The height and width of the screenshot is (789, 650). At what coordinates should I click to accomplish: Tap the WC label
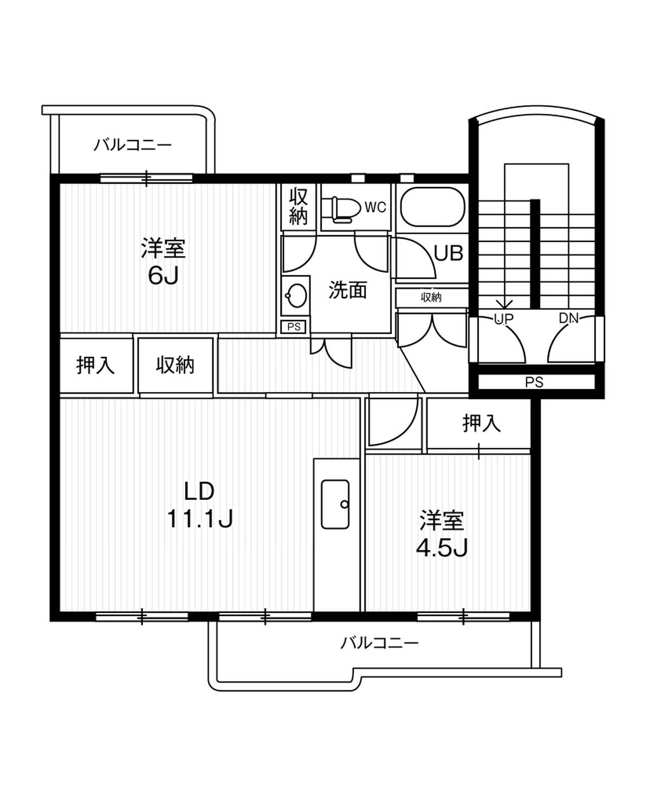[x=375, y=207]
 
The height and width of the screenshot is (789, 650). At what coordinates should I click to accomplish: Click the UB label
[x=448, y=253]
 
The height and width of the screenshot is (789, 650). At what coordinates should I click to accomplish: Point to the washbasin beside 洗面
[x=296, y=296]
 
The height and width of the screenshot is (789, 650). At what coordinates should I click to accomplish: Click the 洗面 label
[x=347, y=290]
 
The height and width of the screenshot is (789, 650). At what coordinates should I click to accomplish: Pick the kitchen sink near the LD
[x=335, y=504]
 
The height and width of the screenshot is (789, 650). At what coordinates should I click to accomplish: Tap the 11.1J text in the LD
[x=200, y=519]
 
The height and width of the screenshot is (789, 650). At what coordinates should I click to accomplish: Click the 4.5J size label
[x=441, y=548]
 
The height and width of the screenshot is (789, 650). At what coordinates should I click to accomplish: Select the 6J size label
[x=163, y=276]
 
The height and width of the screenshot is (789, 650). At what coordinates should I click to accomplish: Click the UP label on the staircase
[x=504, y=319]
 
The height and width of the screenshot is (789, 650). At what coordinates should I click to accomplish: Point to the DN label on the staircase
[x=569, y=318]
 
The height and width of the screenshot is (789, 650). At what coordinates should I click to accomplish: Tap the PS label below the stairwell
[x=534, y=382]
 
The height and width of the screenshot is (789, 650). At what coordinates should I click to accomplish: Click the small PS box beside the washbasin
[x=294, y=327]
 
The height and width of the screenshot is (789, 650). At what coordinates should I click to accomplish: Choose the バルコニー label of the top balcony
[x=133, y=145]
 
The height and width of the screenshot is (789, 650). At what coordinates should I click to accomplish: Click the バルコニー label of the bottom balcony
[x=379, y=644]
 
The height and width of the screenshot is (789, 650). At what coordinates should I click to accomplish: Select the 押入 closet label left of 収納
[x=95, y=365]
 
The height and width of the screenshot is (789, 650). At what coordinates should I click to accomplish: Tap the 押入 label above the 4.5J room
[x=481, y=424]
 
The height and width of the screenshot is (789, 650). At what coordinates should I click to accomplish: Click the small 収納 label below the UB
[x=431, y=297]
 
